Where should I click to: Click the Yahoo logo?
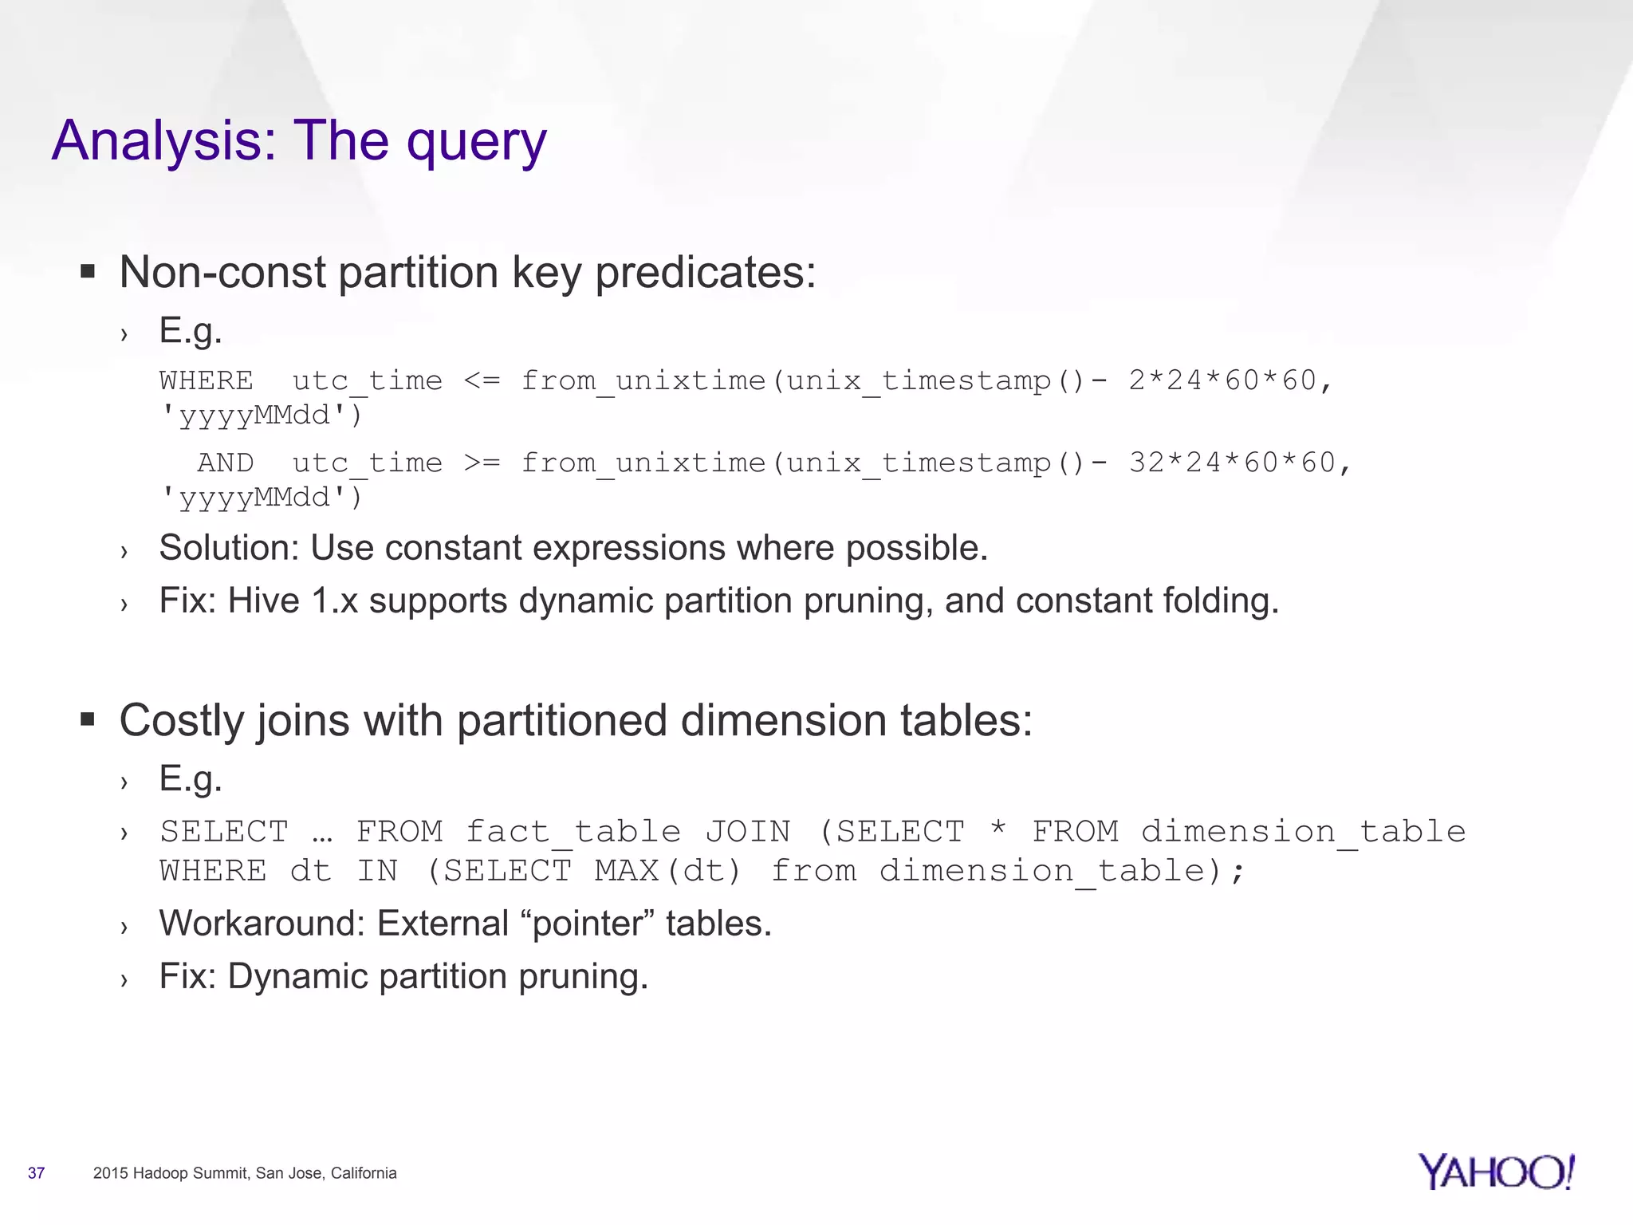click(1496, 1172)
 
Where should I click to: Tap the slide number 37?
click(36, 1173)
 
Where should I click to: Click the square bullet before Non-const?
click(88, 273)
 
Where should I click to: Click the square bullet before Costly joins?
click(88, 721)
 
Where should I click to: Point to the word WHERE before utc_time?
click(206, 380)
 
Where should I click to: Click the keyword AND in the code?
click(226, 463)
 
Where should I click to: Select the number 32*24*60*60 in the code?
click(1231, 463)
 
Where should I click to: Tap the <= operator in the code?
click(482, 380)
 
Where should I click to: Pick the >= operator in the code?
click(482, 463)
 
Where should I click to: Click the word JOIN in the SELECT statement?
click(747, 832)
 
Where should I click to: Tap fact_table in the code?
click(573, 832)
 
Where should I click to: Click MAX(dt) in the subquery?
click(667, 871)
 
